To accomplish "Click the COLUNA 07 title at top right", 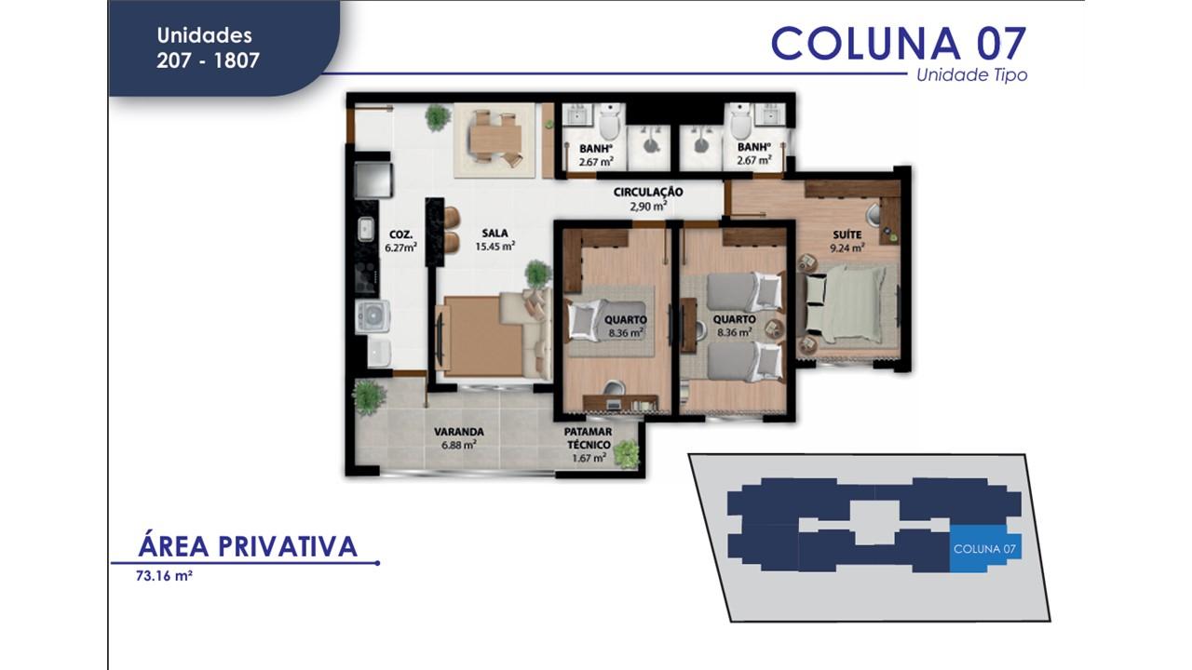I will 899,43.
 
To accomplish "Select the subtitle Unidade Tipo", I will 971,75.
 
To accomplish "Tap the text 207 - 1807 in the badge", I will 208,61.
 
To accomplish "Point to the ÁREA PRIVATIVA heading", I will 248,546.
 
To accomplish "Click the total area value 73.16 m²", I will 164,576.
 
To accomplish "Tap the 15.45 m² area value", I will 494,247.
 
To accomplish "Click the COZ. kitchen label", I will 400,234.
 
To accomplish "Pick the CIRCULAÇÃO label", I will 648,193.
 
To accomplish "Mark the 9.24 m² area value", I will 847,248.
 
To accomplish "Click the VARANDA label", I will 458,432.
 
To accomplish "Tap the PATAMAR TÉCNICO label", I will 588,438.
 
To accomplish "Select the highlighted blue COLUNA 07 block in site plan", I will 985,548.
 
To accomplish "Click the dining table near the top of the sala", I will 494,138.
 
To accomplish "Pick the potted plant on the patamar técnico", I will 628,453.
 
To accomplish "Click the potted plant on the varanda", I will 370,395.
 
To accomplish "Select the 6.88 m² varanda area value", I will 458,446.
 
